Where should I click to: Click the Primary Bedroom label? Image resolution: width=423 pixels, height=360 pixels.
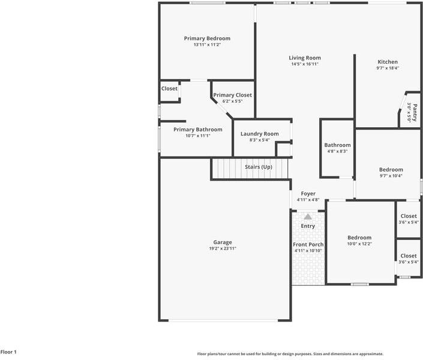tap(207, 38)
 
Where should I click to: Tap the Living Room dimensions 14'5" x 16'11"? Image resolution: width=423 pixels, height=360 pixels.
tap(305, 64)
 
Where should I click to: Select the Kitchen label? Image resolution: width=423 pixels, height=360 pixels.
tap(388, 62)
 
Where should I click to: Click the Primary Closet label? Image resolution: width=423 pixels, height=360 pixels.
tap(232, 95)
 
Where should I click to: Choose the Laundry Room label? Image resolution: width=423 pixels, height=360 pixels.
tap(260, 134)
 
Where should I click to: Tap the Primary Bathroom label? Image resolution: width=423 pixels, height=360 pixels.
tap(198, 130)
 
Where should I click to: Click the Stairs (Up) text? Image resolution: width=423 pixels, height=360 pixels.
tap(259, 167)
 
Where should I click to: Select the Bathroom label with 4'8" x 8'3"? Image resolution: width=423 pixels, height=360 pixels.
tap(338, 145)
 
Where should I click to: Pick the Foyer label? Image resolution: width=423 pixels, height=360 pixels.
tap(308, 194)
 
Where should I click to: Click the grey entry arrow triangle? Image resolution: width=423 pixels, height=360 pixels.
tap(308, 217)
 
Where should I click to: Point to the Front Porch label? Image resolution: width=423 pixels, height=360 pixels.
tap(308, 245)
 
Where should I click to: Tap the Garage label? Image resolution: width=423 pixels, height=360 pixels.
tap(223, 242)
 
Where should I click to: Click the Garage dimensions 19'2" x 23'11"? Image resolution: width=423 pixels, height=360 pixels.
tap(223, 248)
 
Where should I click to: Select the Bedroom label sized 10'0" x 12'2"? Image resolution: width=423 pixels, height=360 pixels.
tap(360, 238)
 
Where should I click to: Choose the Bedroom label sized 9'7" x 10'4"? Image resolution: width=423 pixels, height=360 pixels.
tap(391, 170)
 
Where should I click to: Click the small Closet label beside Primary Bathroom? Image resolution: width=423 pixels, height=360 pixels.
tap(169, 89)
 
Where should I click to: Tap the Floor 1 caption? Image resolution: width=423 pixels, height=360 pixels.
tap(9, 352)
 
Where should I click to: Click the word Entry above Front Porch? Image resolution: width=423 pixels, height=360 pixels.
tap(308, 226)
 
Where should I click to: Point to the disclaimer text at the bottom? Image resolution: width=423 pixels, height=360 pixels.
tap(290, 354)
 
